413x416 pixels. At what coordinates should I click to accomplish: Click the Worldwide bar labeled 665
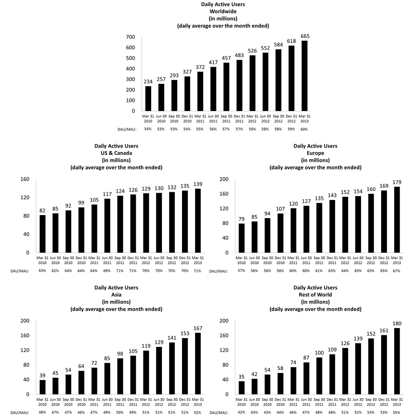pyautogui.click(x=304, y=76)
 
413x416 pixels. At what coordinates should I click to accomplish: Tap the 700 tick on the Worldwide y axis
pyautogui.click(x=130, y=37)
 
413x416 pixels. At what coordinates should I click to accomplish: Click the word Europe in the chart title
pyautogui.click(x=315, y=153)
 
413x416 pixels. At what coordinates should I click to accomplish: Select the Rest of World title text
pyautogui.click(x=315, y=295)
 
